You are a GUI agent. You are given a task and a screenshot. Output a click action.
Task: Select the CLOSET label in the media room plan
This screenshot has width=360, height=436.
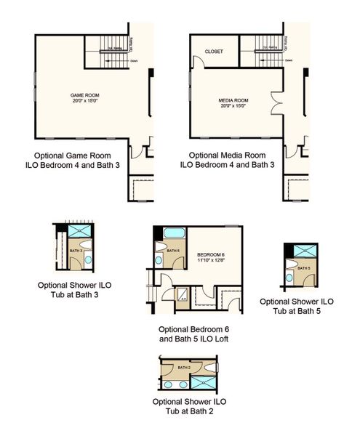pos(214,52)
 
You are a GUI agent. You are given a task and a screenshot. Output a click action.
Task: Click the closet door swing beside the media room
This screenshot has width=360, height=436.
pos(194,78)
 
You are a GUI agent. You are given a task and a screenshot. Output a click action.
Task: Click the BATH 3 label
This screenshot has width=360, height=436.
pos(74,250)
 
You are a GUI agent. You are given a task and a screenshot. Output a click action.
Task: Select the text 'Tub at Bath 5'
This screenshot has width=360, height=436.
pos(297,311)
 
